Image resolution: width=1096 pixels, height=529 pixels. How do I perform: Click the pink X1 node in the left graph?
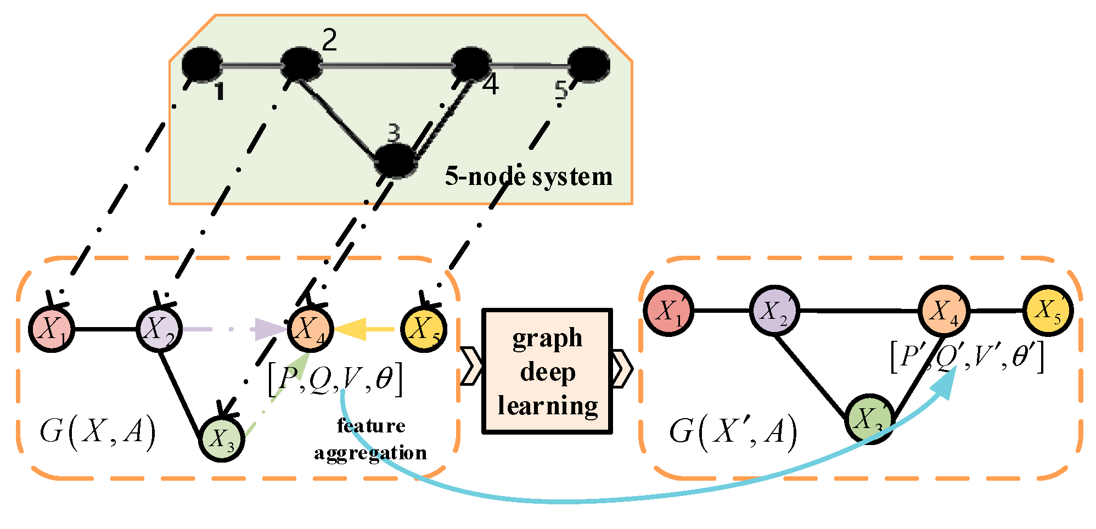pos(52,329)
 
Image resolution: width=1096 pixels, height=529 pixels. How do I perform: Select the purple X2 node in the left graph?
pos(159,329)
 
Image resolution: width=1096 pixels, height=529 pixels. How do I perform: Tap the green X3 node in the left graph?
pos(222,438)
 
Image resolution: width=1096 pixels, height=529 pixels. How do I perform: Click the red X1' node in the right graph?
pos(668,311)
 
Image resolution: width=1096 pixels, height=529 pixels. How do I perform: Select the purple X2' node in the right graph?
pos(774,311)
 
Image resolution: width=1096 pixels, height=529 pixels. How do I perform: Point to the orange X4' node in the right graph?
pos(944,311)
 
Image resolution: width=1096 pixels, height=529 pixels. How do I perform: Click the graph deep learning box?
pos(547,372)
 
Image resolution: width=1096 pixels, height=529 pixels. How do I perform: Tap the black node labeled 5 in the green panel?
pos(588,64)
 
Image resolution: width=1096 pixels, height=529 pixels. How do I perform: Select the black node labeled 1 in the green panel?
pos(201,64)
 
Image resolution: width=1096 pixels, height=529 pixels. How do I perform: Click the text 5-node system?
pos(529,177)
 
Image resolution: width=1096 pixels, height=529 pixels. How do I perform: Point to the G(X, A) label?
pos(98,432)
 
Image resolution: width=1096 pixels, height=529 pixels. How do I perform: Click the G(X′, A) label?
pos(733,432)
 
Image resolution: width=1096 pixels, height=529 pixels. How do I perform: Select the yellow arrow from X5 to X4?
pos(364,329)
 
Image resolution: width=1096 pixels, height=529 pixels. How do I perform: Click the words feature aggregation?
pos(370,440)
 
